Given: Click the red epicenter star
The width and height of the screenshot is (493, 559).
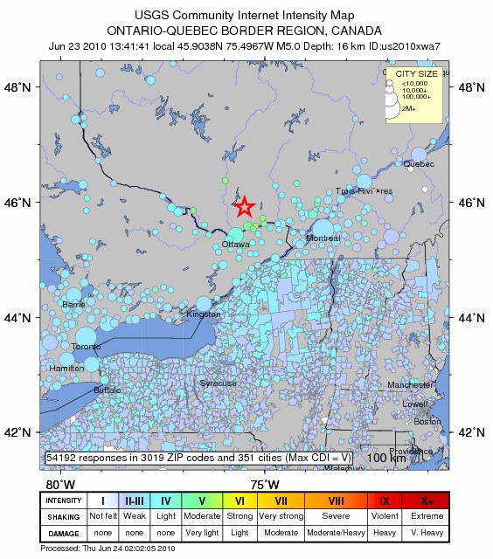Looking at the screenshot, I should click(244, 206).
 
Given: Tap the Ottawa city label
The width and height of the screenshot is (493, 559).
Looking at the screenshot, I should click(235, 245).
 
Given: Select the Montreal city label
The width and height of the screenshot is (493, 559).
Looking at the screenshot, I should click(323, 238).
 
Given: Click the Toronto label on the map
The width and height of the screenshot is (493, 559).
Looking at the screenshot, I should click(86, 347).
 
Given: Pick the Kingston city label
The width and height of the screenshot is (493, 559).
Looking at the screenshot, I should click(204, 314).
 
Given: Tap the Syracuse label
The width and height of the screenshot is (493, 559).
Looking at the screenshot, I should click(218, 383).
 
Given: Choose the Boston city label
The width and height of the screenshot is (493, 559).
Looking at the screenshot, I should click(428, 422).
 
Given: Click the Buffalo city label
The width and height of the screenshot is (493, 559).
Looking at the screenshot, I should click(108, 390).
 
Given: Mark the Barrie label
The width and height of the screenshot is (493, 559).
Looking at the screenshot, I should click(73, 305).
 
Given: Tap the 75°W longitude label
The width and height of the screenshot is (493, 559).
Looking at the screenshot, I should click(265, 485).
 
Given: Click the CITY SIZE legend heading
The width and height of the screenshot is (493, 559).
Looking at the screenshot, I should click(416, 75).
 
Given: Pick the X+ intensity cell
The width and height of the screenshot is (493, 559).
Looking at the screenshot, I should click(427, 500).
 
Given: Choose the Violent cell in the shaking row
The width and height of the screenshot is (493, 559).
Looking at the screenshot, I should click(385, 515).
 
